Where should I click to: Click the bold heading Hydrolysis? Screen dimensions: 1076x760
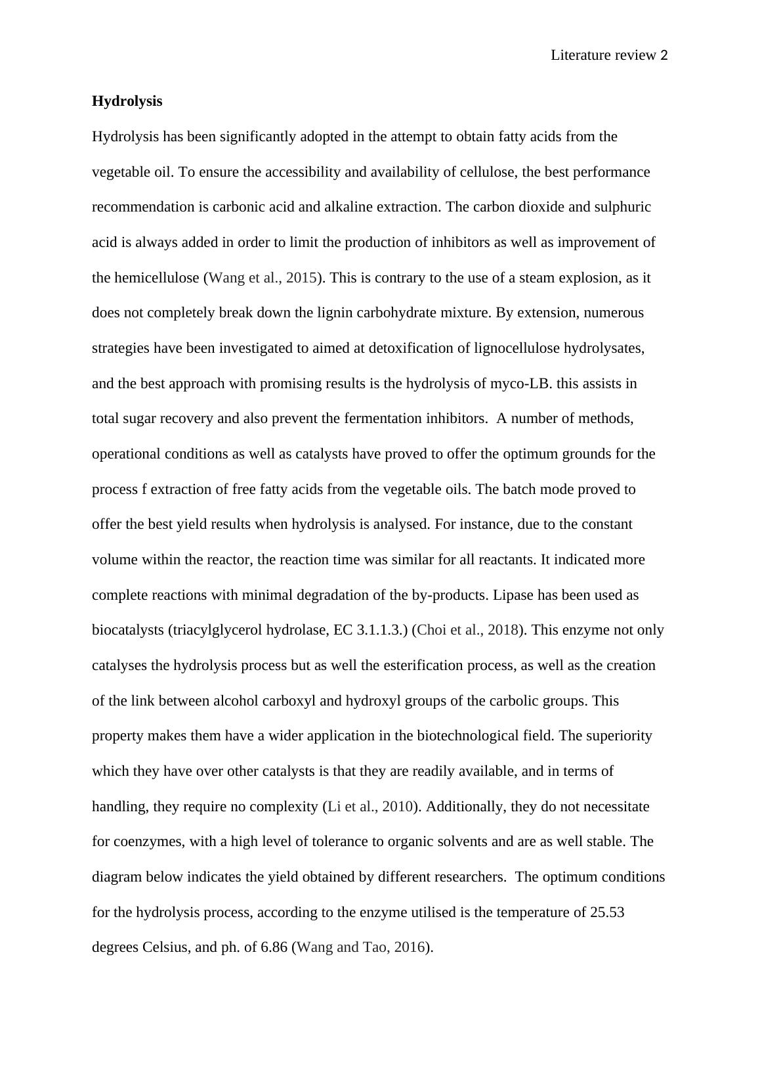click(127, 101)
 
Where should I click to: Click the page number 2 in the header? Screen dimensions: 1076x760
click(664, 56)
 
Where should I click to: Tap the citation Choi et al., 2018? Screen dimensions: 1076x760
click(467, 630)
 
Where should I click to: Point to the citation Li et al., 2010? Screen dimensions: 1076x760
click(370, 807)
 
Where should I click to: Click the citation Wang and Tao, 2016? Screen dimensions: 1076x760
click(362, 948)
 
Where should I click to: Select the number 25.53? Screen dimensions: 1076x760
click(606, 912)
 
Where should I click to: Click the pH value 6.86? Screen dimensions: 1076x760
click(274, 948)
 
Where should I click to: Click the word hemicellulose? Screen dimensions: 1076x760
click(157, 278)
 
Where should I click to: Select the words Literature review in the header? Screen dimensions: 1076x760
click(603, 56)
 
